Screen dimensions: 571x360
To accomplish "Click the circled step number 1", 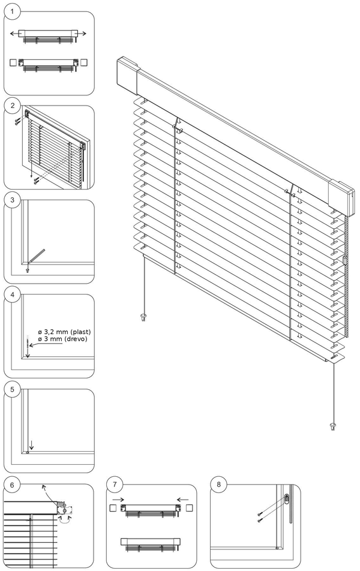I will click(x=12, y=12).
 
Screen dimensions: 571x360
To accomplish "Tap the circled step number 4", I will click(x=12, y=295).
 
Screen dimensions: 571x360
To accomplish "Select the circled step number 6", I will click(x=12, y=484).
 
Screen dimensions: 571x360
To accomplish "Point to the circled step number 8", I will click(x=218, y=484).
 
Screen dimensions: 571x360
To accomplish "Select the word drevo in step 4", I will click(x=76, y=340).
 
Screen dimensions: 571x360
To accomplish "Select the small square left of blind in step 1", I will click(x=14, y=62).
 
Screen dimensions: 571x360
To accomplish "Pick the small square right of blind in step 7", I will click(x=190, y=507).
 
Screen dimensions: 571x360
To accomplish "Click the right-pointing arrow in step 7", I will click(x=118, y=498).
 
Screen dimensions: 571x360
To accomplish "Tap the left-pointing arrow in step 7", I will click(x=182, y=498).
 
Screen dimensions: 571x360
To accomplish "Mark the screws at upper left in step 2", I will click(x=17, y=121).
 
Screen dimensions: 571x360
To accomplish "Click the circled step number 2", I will click(x=12, y=106).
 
